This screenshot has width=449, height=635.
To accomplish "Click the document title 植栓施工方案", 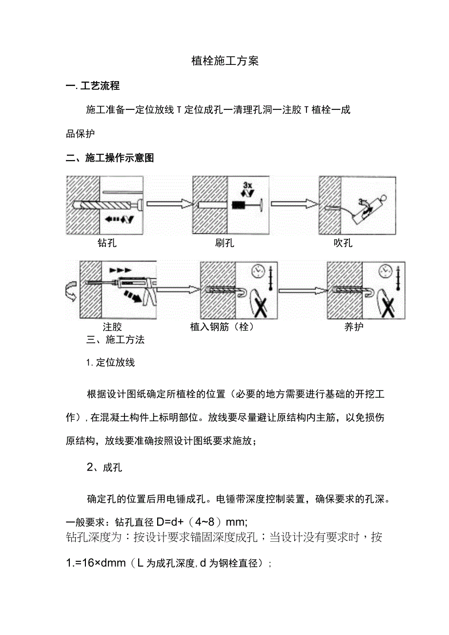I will [x=224, y=61].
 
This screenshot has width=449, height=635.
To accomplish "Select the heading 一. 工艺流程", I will [x=93, y=86].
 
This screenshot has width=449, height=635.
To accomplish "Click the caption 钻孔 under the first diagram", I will [x=107, y=243].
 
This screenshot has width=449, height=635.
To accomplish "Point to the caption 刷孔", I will [x=224, y=243].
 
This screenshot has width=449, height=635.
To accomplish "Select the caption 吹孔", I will [x=343, y=243].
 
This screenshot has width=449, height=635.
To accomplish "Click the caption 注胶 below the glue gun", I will [x=112, y=327].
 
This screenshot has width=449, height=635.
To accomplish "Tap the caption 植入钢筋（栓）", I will [x=223, y=327].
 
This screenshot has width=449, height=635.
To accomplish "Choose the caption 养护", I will [x=354, y=327].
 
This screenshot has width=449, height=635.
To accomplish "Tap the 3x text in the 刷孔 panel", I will [x=247, y=185].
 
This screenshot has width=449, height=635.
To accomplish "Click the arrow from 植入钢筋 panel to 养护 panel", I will [x=302, y=290].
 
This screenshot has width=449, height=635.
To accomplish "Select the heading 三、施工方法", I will [x=115, y=340].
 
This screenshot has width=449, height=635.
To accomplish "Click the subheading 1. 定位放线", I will [x=110, y=363].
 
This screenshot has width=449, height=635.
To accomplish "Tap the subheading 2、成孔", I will [x=104, y=467].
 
